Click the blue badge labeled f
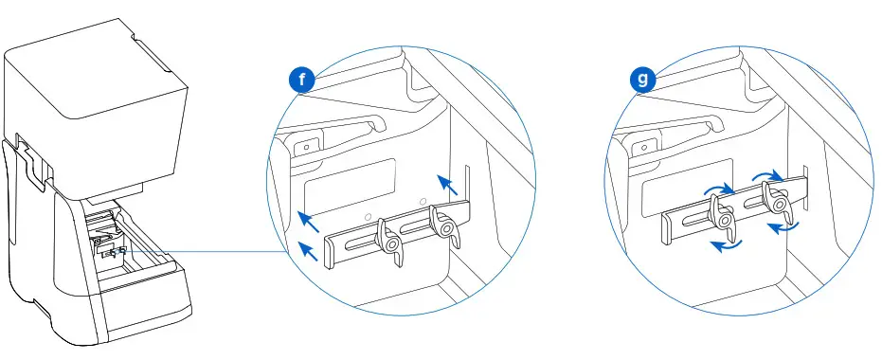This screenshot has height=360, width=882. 302,80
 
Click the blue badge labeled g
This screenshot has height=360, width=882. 644,80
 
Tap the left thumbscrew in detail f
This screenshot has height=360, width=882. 387,239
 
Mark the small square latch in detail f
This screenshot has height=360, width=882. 306,148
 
